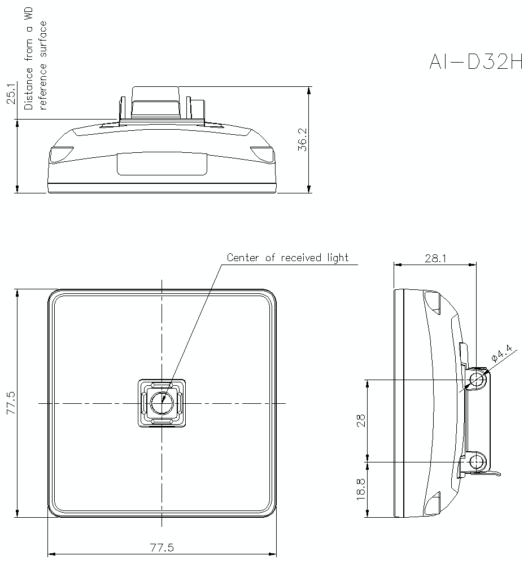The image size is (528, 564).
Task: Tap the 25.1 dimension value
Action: tap(10, 94)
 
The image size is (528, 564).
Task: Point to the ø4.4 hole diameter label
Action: tap(501, 354)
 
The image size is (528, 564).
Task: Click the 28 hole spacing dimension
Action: tap(361, 420)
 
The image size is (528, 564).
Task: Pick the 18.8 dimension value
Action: tap(361, 488)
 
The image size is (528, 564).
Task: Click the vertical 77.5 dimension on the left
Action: tap(10, 403)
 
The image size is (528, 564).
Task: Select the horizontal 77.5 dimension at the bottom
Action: tap(162, 547)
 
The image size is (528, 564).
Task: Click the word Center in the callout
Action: tap(243, 258)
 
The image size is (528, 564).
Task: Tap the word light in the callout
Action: tap(338, 258)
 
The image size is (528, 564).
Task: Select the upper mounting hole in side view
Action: tap(478, 380)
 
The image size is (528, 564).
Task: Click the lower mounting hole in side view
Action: tap(478, 462)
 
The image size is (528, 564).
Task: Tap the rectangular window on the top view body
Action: tap(162, 164)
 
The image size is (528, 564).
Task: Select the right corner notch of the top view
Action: tap(262, 153)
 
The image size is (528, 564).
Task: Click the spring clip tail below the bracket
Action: tap(492, 473)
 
